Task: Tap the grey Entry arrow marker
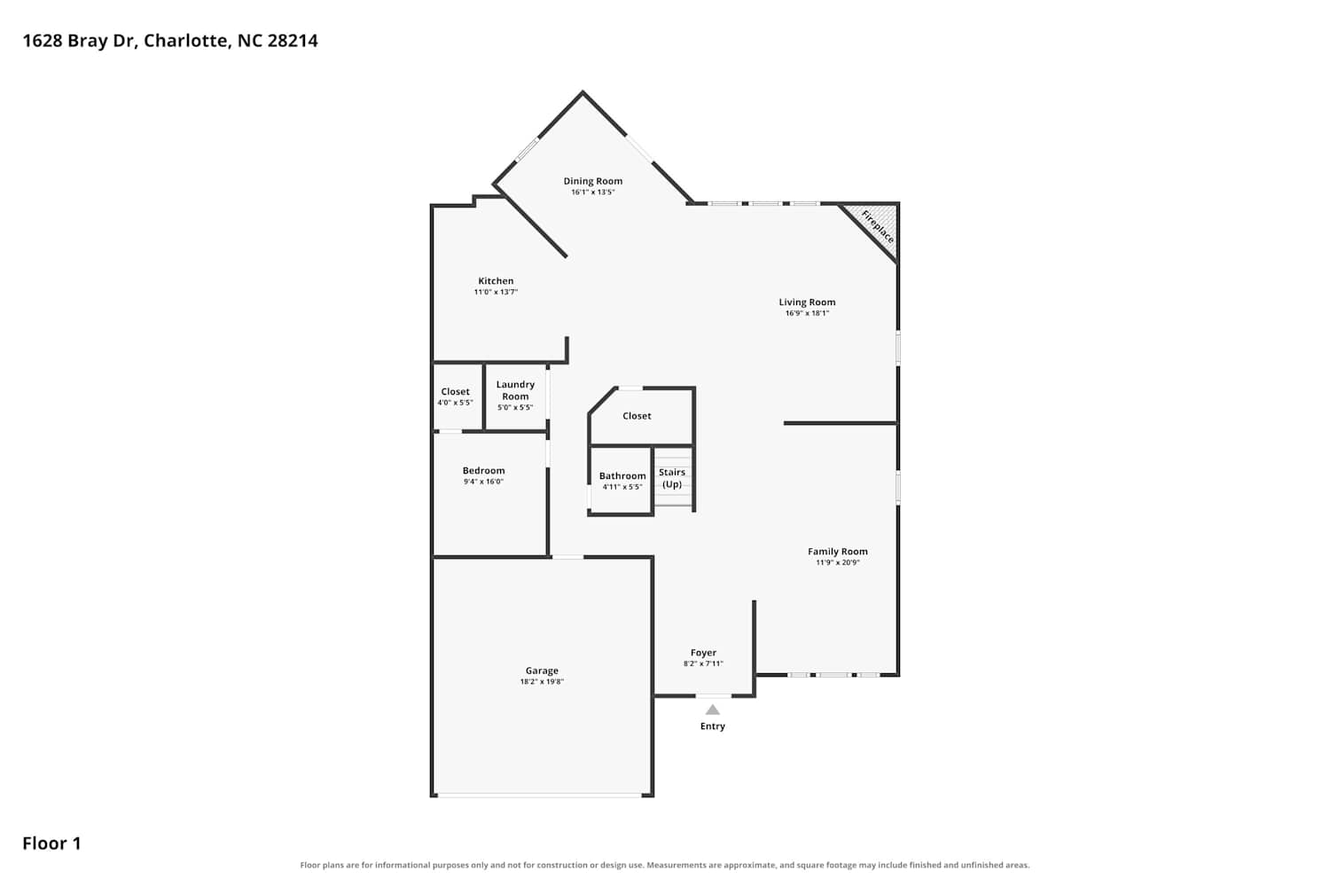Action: tap(713, 710)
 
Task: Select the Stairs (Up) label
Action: tap(672, 478)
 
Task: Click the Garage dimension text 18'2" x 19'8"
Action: tap(542, 681)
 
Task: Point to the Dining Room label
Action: tap(592, 181)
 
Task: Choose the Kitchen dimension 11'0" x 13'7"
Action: tap(496, 292)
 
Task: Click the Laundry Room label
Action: tap(515, 390)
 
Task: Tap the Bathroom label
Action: tap(622, 475)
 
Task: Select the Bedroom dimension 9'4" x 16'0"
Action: tap(483, 482)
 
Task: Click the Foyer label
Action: tap(703, 652)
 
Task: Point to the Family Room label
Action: tap(837, 552)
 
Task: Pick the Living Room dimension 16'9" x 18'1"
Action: tap(807, 313)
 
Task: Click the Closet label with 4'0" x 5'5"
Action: tap(455, 391)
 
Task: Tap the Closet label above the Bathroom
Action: tap(637, 416)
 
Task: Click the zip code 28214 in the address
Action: tap(292, 41)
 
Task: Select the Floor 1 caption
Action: tap(51, 843)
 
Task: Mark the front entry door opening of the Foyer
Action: tap(713, 695)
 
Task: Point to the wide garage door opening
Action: tap(540, 795)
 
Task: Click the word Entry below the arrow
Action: tap(713, 726)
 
